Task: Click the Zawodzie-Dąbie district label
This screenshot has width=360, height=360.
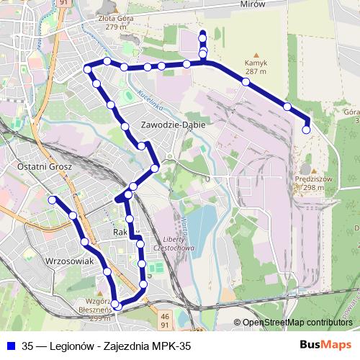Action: pyautogui.click(x=174, y=125)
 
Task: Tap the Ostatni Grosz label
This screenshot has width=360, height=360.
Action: pyautogui.click(x=37, y=166)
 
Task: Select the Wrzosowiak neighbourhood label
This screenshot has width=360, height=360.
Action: pyautogui.click(x=70, y=261)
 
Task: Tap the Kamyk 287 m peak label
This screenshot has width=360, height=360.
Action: pyautogui.click(x=256, y=67)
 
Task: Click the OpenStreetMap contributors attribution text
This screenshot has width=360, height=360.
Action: pyautogui.click(x=297, y=323)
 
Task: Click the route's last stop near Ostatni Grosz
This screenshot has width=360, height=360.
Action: pyautogui.click(x=53, y=199)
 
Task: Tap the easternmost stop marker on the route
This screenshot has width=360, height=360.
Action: pyautogui.click(x=307, y=130)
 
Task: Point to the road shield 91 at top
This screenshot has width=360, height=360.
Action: pyautogui.click(x=64, y=3)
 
